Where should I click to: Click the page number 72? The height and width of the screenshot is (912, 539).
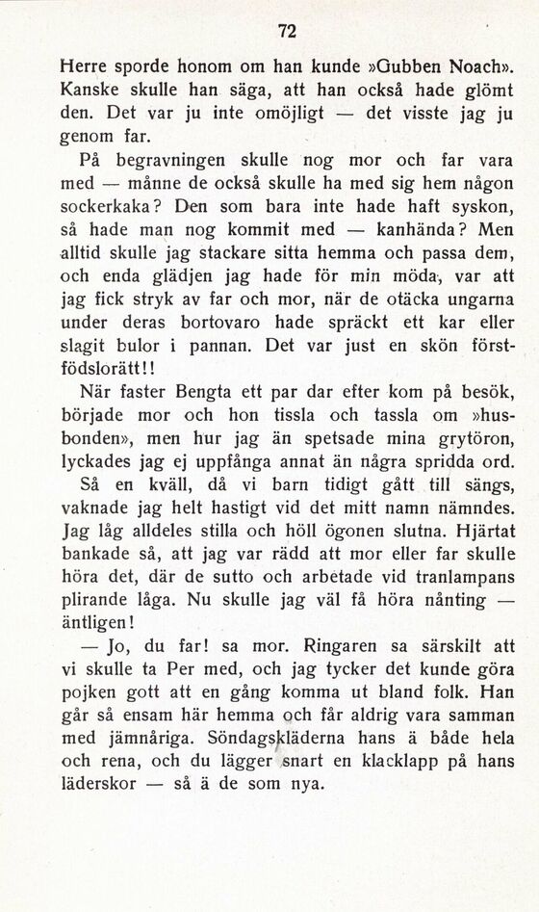[284, 30]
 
